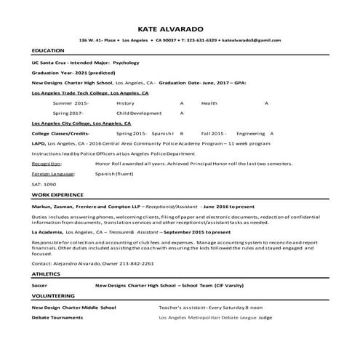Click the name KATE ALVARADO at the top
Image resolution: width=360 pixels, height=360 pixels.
[180, 29]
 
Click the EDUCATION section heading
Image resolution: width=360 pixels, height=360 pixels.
[47, 50]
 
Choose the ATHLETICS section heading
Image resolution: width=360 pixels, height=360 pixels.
[46, 273]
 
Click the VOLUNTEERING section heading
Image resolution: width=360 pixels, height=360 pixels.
[53, 296]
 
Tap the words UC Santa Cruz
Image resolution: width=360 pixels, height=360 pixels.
[49, 63]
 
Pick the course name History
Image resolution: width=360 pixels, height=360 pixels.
[125, 103]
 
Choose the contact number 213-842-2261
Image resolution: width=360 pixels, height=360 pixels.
[137, 262]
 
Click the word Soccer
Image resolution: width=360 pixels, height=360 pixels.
[39, 285]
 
